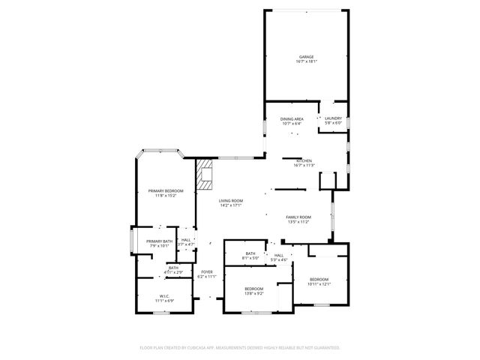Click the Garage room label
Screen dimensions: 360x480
[x=306, y=57]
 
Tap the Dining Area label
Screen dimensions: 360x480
[x=292, y=119]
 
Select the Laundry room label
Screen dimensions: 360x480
[x=333, y=118]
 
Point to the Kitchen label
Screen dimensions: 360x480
[x=304, y=161]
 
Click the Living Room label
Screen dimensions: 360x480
[x=231, y=201]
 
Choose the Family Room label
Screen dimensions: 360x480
[x=298, y=217]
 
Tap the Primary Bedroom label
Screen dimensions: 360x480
[x=165, y=191]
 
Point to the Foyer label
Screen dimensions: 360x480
[x=206, y=271]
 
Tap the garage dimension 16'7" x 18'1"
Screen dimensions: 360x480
[x=306, y=62]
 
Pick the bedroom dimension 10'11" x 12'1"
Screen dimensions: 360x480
[x=318, y=284]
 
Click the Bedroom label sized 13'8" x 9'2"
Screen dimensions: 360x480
[x=253, y=289]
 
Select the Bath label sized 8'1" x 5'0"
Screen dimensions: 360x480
[x=250, y=253]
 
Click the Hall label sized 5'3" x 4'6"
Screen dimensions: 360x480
[x=279, y=255]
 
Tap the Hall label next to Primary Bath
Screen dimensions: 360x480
[x=185, y=240]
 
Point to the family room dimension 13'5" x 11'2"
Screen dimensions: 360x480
[x=298, y=222]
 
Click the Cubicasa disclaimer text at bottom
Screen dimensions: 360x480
[x=240, y=347]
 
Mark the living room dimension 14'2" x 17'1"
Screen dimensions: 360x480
[x=231, y=206]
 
